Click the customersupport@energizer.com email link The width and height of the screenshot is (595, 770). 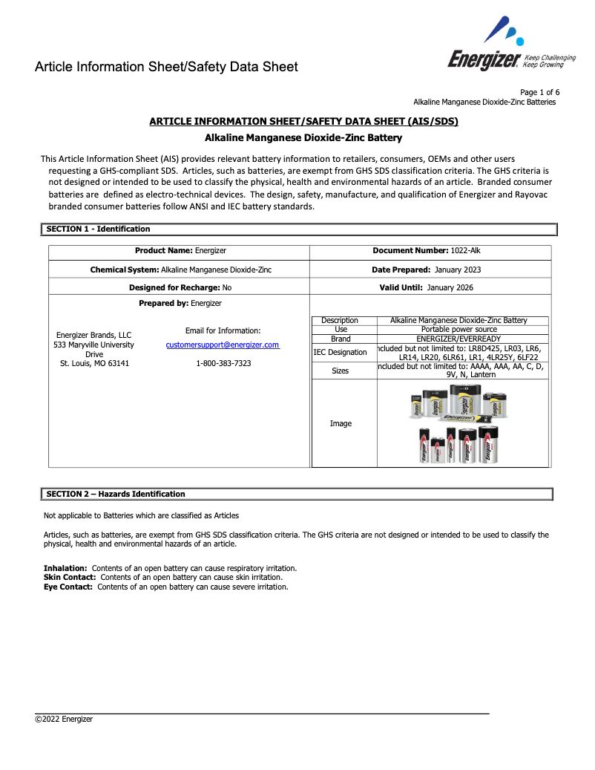click(x=223, y=345)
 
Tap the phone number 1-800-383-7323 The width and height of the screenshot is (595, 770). click(x=223, y=363)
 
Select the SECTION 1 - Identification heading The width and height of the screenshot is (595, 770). click(x=98, y=229)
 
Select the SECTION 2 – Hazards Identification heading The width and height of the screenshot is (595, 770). click(x=116, y=494)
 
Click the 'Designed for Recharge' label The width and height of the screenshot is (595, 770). click(x=174, y=287)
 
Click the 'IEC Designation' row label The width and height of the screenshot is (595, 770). click(x=341, y=352)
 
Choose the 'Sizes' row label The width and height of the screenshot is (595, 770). click(x=341, y=371)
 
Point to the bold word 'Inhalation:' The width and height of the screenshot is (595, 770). click(x=65, y=568)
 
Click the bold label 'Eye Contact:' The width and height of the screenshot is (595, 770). click(x=68, y=587)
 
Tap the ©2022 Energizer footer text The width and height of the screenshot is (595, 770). click(x=65, y=719)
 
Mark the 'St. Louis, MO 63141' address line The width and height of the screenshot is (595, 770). click(x=94, y=364)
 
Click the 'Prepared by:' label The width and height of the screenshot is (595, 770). click(x=163, y=303)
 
